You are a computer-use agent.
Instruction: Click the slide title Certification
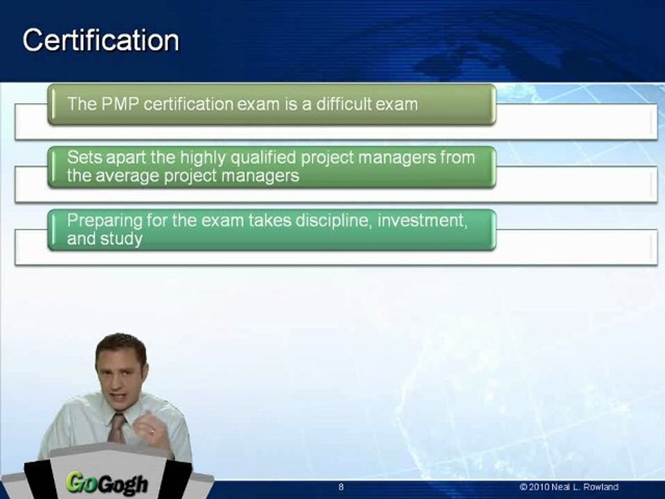(x=101, y=40)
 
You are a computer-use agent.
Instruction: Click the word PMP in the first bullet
(x=120, y=104)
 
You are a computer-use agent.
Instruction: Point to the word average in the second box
(x=126, y=176)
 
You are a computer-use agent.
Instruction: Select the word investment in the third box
(x=422, y=221)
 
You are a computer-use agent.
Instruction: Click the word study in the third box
(x=121, y=239)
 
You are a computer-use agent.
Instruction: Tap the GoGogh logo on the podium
(x=107, y=483)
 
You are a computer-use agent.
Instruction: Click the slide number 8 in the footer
(x=341, y=487)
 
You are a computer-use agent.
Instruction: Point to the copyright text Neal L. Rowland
(x=585, y=487)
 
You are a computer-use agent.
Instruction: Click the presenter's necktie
(x=116, y=428)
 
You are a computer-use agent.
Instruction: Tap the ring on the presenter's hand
(x=152, y=431)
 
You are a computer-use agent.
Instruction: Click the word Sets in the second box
(x=85, y=158)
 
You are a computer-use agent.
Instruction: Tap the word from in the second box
(x=458, y=158)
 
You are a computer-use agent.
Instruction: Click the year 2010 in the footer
(x=539, y=487)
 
